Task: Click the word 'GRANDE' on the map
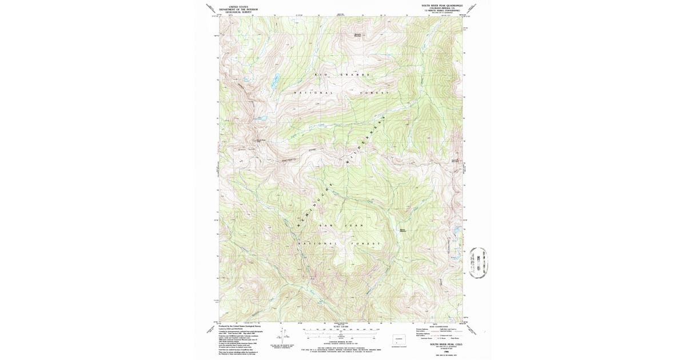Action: (x=356, y=75)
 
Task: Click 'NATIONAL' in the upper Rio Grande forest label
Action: (x=313, y=93)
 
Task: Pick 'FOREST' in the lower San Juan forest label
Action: (x=370, y=244)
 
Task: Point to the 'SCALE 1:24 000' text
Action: (x=341, y=326)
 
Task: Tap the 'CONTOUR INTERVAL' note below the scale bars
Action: (x=341, y=341)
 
